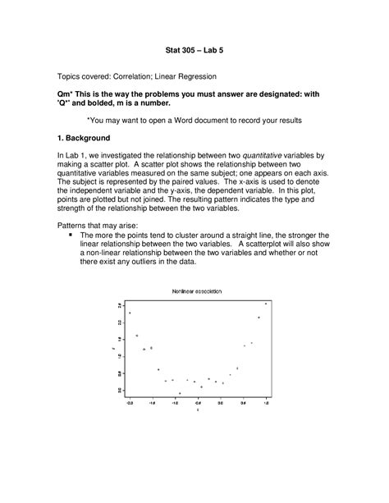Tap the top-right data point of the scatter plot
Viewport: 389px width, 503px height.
pos(266,304)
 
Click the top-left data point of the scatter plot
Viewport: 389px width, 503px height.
pos(130,313)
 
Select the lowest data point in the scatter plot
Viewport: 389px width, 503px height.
pos(180,393)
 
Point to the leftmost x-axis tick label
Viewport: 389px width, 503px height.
pos(130,403)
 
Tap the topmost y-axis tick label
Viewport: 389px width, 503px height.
pos(119,304)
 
